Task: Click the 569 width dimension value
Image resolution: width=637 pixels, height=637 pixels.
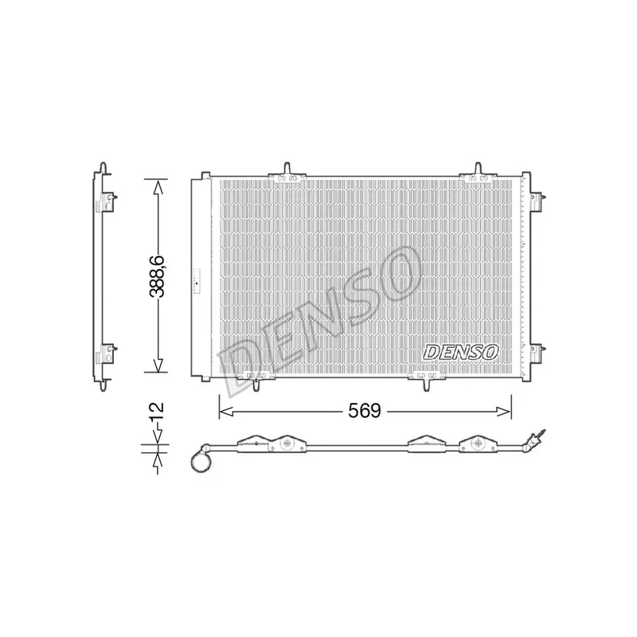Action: coord(365,411)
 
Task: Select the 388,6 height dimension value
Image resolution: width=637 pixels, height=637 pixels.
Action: coord(157,276)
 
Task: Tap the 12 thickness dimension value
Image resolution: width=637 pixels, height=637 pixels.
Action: coord(157,412)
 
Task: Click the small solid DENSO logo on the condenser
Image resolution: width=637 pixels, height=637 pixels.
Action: coord(461,352)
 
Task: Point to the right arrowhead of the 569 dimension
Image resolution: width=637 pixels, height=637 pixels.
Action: coord(504,412)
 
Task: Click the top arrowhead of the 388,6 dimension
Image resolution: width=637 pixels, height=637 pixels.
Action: coord(158,186)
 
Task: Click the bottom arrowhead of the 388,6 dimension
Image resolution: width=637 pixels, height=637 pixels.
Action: coord(158,365)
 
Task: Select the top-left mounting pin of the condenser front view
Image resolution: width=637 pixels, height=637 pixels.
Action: coord(287,168)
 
